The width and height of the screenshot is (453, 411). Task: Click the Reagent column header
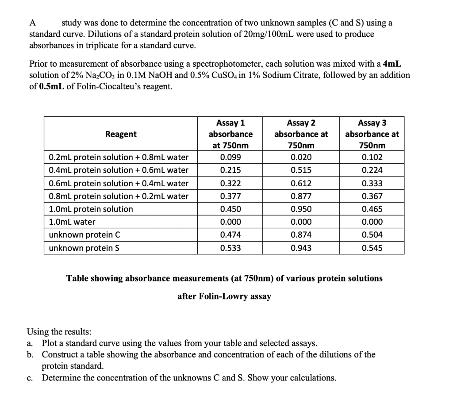(x=121, y=134)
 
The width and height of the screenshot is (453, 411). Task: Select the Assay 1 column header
(x=230, y=134)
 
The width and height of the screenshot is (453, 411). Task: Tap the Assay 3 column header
(x=372, y=134)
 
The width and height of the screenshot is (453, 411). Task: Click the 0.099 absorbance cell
(x=230, y=157)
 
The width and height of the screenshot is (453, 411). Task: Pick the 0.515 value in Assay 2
(x=301, y=170)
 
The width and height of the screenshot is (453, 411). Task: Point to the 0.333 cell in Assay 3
(x=372, y=183)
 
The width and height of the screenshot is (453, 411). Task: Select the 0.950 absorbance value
(x=301, y=209)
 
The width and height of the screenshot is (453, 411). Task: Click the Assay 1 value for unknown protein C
(x=230, y=235)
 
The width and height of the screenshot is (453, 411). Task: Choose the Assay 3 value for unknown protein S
(x=372, y=248)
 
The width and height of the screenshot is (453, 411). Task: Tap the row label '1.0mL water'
(x=72, y=222)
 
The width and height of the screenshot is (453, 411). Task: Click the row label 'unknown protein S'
(x=84, y=248)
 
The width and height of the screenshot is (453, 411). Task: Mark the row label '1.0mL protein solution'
(x=91, y=209)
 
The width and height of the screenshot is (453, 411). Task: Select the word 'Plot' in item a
(x=50, y=343)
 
